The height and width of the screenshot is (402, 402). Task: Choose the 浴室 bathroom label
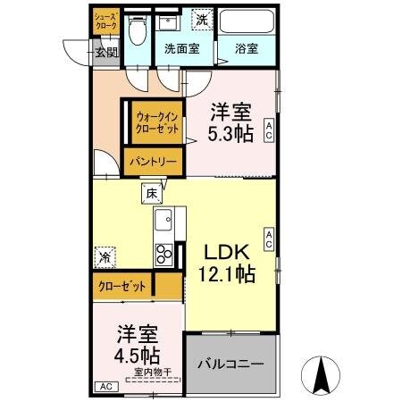247,49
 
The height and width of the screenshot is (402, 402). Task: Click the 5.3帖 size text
230,134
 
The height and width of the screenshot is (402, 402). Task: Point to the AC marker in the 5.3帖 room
268,132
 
